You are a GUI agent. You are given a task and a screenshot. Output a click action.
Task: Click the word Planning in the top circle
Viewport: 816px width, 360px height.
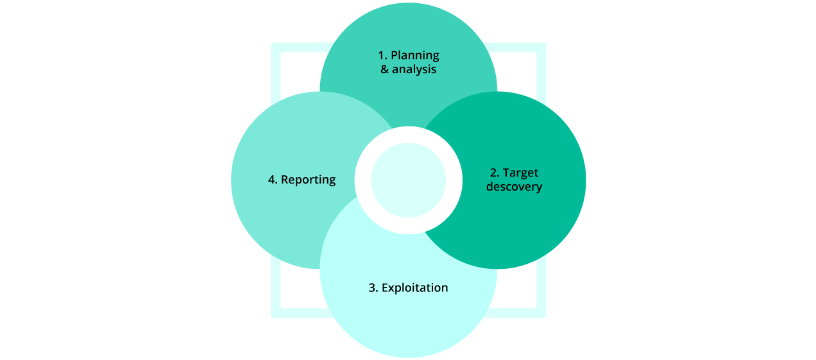pos(415,55)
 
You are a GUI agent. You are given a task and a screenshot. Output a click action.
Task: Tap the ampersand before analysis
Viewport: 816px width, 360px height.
pos(385,69)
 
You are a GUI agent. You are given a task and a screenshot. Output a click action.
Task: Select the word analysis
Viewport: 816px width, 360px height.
pos(414,69)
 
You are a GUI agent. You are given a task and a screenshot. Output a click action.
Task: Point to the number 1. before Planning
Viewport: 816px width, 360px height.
pos(382,55)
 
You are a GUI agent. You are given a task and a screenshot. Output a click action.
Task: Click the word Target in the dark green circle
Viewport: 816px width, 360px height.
pos(520,173)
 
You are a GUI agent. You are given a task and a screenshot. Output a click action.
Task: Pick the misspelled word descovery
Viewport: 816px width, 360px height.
pos(514,187)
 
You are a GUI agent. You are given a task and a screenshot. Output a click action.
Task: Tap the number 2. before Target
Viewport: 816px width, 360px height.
pos(495,173)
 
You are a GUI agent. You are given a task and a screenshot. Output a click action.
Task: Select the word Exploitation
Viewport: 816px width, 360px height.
pos(414,287)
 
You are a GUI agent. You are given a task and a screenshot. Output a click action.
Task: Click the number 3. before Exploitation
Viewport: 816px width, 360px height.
pos(373,287)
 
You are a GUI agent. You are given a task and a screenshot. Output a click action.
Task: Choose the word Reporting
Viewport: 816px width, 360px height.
pos(308,180)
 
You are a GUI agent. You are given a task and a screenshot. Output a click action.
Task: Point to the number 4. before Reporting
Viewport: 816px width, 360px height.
pos(273,180)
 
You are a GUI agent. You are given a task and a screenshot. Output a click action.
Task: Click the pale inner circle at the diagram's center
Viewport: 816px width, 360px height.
pos(408,180)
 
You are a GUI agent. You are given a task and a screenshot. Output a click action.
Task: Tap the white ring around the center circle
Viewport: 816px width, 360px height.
pos(408,135)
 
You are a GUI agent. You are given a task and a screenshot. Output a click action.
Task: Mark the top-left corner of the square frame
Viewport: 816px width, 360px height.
pos(276,47)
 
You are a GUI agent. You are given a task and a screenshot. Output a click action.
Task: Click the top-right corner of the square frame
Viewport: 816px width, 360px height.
pos(541,47)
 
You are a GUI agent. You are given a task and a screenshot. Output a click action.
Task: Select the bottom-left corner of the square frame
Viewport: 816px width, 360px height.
pos(276,313)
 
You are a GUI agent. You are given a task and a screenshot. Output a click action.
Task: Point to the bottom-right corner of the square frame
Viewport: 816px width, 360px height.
pos(541,313)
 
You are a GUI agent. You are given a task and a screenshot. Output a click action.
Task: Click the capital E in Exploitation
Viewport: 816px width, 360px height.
pos(385,287)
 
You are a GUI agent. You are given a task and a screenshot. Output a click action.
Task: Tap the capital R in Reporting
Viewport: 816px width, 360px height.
pos(285,180)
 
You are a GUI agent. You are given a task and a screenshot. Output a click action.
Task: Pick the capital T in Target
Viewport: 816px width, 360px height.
pos(506,173)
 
